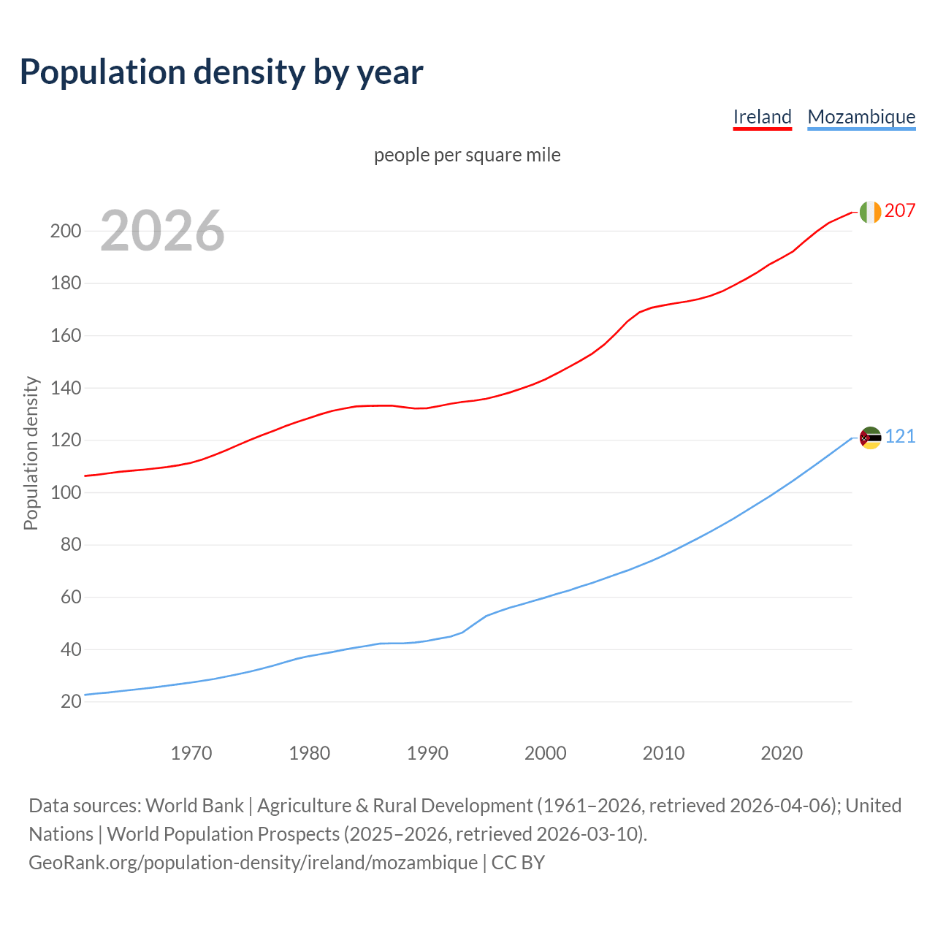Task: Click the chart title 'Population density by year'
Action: pos(221,72)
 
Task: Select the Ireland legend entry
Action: pos(762,117)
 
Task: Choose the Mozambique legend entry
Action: pos(861,117)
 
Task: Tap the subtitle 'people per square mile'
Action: pos(467,155)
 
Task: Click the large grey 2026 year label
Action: pos(162,231)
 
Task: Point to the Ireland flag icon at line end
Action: pos(870,212)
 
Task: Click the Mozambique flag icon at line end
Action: pos(870,438)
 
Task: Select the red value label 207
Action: pos(900,210)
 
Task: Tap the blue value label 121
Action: pos(900,436)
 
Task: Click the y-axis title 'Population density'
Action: pos(31,453)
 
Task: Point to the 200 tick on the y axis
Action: pos(65,231)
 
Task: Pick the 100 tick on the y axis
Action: pos(65,492)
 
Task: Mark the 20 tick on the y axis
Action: pos(71,701)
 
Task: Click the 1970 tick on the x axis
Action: pos(191,752)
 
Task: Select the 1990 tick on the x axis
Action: pos(427,752)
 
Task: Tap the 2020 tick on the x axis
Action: pos(782,752)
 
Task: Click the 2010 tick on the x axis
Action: pos(663,752)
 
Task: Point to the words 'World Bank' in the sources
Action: pos(194,805)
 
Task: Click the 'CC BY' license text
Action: pos(518,862)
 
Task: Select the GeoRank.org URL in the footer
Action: pos(253,862)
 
